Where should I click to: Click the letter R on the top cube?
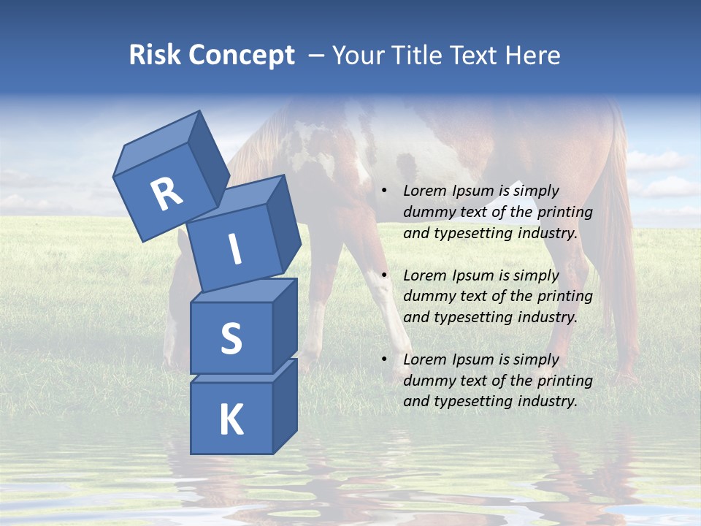(166, 194)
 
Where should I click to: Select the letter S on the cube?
(231, 338)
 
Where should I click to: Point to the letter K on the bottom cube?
(231, 420)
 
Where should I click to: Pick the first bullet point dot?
(384, 191)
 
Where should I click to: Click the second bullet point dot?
(384, 276)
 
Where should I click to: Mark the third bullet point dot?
(384, 360)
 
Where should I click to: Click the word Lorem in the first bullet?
(424, 191)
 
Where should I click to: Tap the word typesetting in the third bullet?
(470, 401)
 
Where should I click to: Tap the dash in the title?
(317, 56)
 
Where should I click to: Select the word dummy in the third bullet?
(427, 381)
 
